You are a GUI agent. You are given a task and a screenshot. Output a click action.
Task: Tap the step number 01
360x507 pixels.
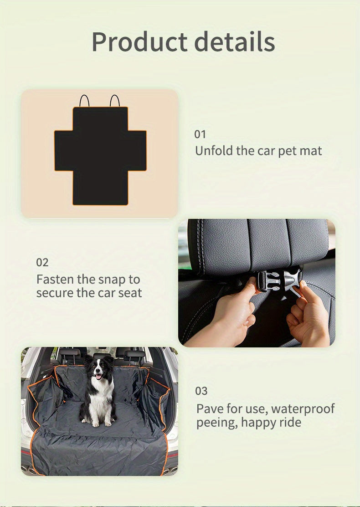(x=200, y=135)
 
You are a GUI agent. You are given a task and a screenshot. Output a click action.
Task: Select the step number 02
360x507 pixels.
(x=42, y=263)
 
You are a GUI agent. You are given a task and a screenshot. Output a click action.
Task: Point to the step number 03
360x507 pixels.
(x=201, y=391)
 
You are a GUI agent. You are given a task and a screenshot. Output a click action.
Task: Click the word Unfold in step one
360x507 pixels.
(x=214, y=150)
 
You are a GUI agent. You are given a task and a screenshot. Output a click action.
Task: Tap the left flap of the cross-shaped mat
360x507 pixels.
(x=64, y=150)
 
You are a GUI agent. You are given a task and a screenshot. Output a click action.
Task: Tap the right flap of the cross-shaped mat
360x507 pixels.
(x=137, y=150)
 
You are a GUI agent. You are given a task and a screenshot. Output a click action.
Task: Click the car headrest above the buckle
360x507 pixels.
(x=260, y=246)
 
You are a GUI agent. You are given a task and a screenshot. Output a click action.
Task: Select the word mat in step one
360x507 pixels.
(x=310, y=150)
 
